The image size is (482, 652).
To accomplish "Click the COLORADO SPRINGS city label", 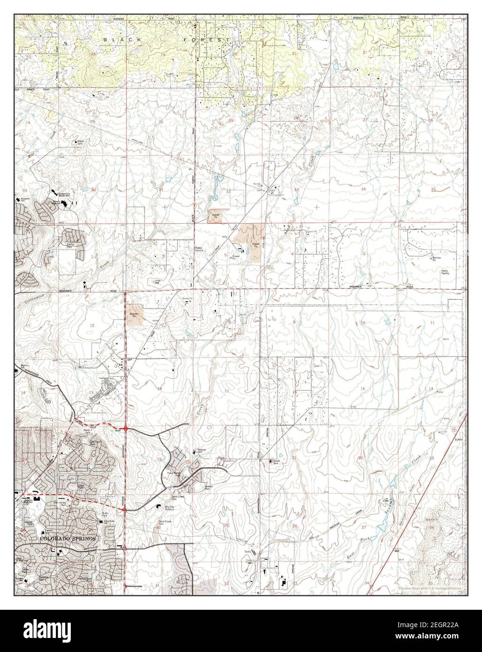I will pos(68,538).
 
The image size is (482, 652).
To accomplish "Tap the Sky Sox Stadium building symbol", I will pos(158,506).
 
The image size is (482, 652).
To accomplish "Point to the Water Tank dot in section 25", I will pos(76,141).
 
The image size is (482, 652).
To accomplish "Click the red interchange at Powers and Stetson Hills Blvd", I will pos(125,428).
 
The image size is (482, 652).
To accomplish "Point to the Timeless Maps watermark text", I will pos(428,588).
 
